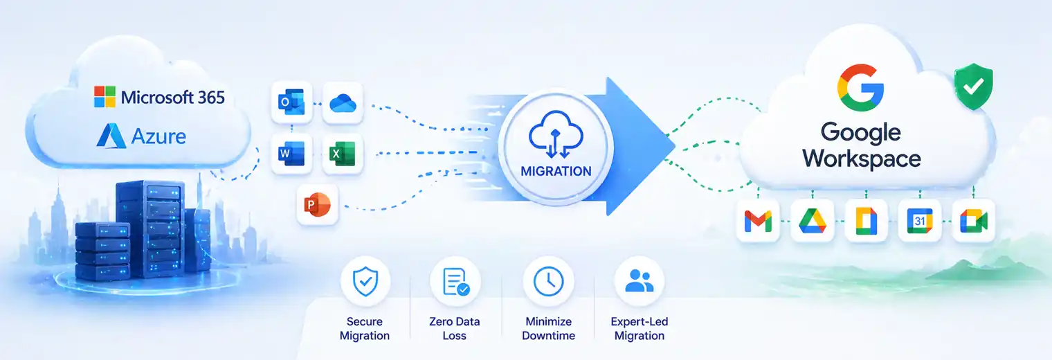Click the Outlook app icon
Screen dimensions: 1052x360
(291, 102)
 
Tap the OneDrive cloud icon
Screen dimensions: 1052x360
(343, 103)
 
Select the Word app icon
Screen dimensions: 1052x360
(291, 153)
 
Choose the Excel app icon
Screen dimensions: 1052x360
(343, 153)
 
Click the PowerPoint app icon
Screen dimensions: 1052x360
(318, 204)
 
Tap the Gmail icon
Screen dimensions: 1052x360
(758, 222)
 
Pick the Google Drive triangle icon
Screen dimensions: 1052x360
(813, 221)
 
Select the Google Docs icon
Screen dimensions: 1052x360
(866, 220)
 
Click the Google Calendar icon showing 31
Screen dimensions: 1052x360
(920, 221)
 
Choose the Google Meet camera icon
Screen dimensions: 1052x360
(973, 221)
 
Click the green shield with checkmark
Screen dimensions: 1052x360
(973, 87)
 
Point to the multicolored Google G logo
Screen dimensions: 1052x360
(860, 88)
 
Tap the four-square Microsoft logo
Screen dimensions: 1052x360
(105, 97)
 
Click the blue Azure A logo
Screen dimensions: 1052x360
(111, 136)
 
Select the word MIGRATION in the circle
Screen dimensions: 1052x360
(556, 171)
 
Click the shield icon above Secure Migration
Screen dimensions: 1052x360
(365, 281)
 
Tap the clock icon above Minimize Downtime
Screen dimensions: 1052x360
(549, 281)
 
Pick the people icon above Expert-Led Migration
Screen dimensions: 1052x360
(640, 280)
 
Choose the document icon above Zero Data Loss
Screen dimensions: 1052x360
(455, 282)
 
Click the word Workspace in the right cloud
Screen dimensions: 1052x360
(861, 159)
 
